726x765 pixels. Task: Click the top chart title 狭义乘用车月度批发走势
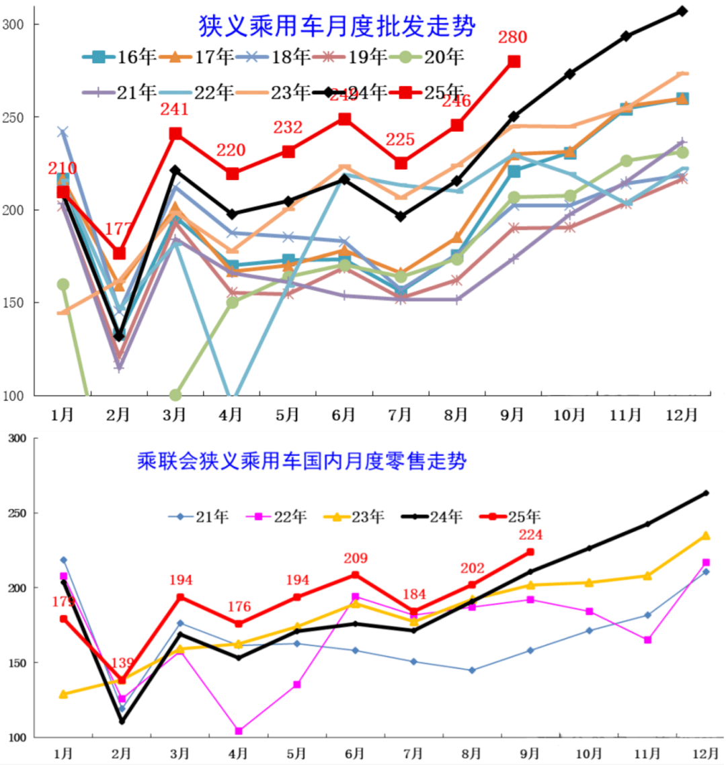click(x=337, y=26)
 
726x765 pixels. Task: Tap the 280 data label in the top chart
click(x=512, y=38)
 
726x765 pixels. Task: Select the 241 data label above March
click(x=175, y=109)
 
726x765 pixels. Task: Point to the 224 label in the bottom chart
click(x=530, y=535)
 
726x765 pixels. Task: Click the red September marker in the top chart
click(x=514, y=61)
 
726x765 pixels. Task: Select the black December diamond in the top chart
click(x=682, y=11)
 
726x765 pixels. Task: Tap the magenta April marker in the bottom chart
click(x=239, y=731)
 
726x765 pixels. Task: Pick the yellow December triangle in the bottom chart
click(x=706, y=535)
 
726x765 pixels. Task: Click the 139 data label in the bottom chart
click(x=122, y=664)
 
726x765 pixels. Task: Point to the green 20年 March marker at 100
click(x=175, y=395)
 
